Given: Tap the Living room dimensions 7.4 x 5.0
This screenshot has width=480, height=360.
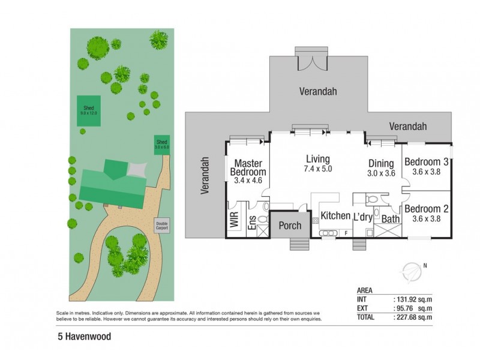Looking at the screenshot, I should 318,169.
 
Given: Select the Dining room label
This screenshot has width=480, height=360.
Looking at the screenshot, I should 380,163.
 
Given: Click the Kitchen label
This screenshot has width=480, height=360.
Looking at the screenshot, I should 335,215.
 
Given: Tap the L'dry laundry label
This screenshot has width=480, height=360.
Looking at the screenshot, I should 364,216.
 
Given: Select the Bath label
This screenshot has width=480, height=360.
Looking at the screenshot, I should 391,220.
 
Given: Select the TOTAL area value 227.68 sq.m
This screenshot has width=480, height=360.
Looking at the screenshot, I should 413,317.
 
